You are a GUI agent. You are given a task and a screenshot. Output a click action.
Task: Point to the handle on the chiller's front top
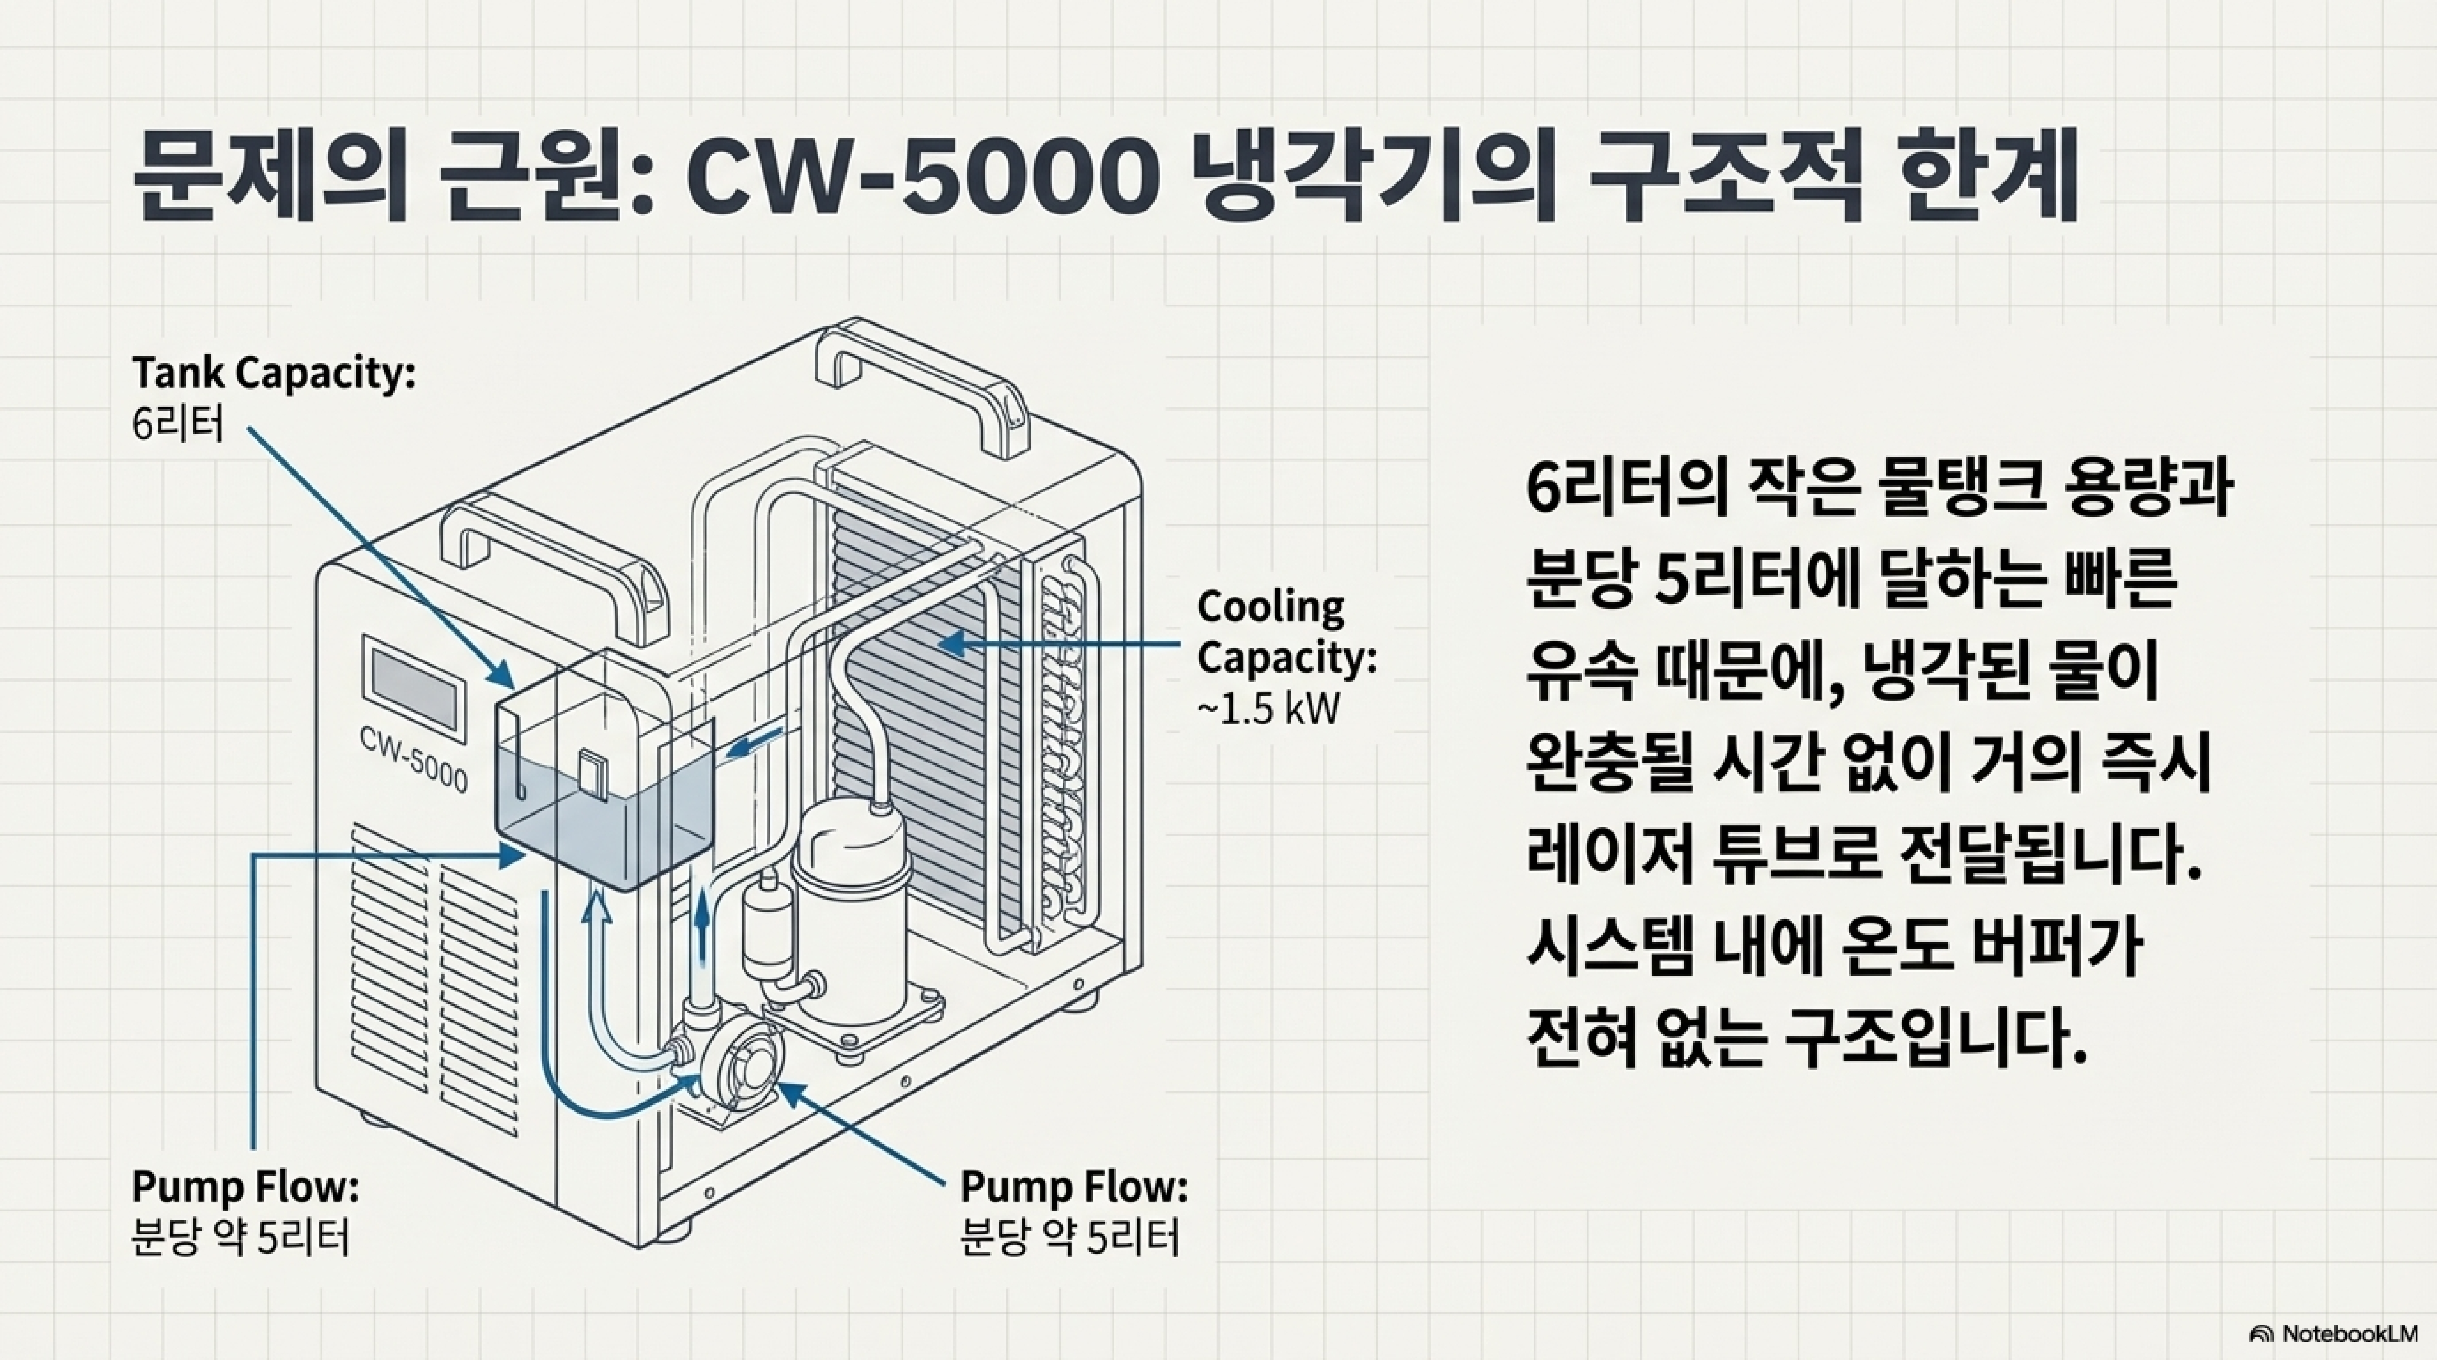click(x=558, y=563)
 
